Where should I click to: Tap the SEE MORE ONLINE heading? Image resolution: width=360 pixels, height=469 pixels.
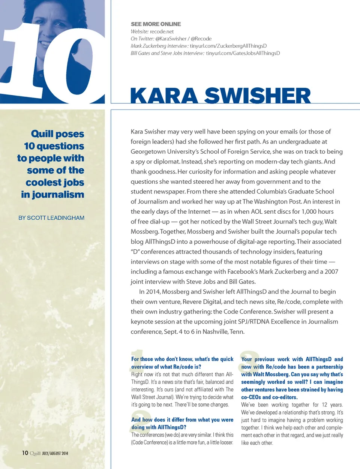click(156, 24)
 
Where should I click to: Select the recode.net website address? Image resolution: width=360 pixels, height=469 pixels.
click(162, 31)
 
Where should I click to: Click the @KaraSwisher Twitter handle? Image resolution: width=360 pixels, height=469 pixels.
click(171, 39)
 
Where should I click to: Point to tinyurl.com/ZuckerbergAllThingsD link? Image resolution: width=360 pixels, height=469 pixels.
click(228, 46)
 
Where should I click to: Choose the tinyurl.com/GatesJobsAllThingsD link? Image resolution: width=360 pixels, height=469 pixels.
click(243, 53)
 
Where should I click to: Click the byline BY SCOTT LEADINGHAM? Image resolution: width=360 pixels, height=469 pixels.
click(51, 218)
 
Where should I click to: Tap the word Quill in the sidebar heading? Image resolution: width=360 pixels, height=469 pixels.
click(42, 134)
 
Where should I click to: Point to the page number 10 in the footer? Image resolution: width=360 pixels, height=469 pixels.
click(25, 453)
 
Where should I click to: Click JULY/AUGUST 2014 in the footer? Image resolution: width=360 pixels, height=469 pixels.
click(55, 453)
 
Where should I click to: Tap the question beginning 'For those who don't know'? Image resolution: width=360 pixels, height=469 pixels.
click(182, 363)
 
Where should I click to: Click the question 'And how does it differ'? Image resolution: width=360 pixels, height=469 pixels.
click(182, 423)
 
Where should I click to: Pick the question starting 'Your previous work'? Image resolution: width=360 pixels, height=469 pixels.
click(292, 378)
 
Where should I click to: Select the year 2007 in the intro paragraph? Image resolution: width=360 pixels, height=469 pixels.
click(331, 271)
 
